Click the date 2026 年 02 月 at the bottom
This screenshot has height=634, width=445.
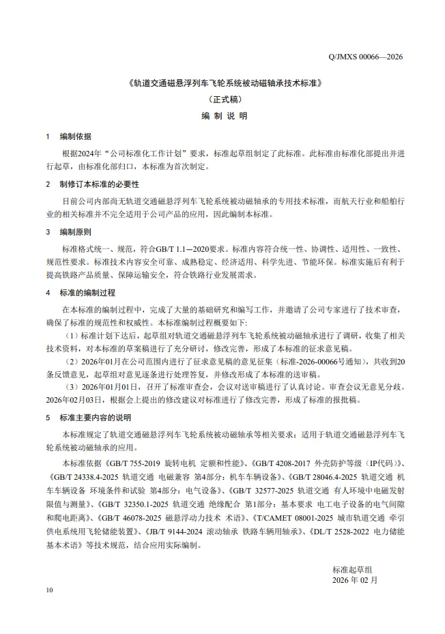click(x=354, y=580)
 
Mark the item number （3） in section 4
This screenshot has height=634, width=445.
click(x=71, y=387)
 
